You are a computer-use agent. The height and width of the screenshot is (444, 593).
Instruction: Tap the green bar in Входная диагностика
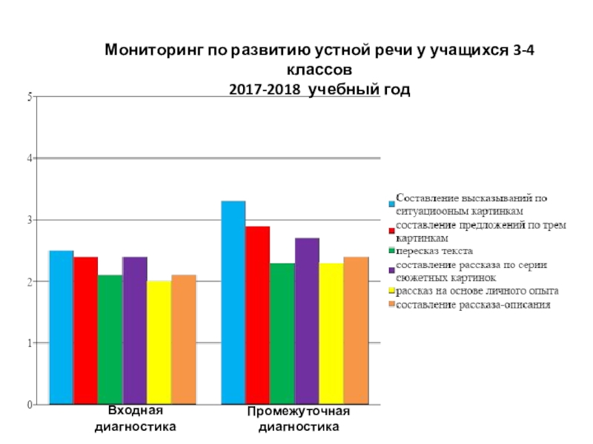pos(110,340)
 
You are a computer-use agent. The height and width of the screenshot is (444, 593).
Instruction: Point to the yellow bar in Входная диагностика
pos(159,343)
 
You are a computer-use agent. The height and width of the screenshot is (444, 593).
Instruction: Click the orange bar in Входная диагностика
pos(183,340)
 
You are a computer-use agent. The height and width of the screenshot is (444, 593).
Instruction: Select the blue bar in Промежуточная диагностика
pos(233,303)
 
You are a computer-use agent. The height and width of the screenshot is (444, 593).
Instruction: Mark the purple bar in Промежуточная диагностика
pos(307,322)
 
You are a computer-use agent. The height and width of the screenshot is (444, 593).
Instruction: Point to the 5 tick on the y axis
pos(30,96)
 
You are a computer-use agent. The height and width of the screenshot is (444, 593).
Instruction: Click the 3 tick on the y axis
pos(30,220)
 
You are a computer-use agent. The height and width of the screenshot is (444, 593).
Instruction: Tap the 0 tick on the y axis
pos(30,405)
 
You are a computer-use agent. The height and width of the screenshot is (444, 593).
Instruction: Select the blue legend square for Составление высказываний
pos(391,204)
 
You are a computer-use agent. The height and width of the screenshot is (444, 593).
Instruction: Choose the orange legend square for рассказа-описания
pos(391,306)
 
